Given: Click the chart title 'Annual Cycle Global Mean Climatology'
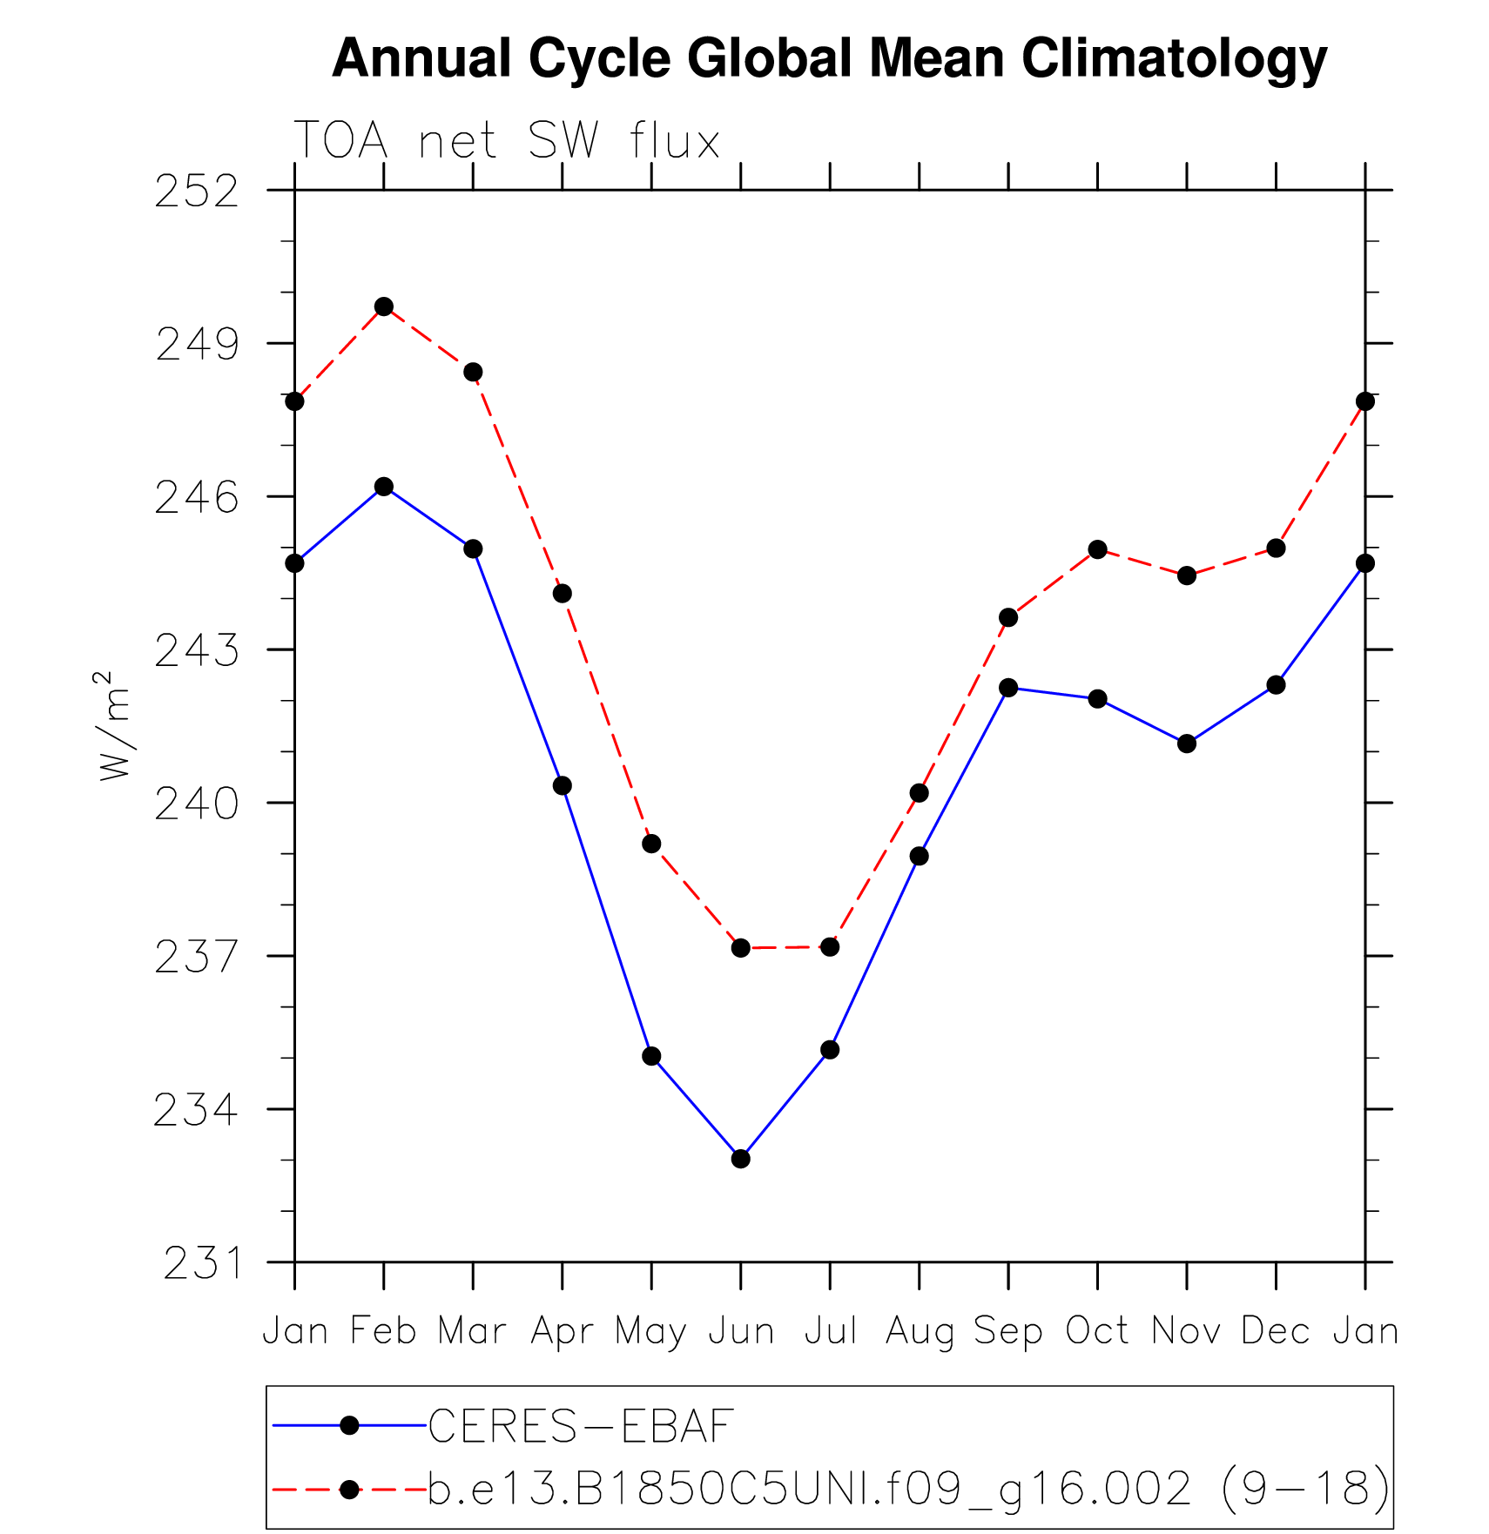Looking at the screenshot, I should pos(829,58).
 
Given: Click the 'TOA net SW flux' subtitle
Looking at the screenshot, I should pos(507,140).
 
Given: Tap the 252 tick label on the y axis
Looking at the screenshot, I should pos(197,192).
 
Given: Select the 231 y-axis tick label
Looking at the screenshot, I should pos(202,1263).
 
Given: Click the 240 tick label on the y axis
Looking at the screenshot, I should pos(197,804).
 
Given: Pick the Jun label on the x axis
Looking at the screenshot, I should pos(741,1331).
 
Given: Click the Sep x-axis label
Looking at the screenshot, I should pos(1007,1331).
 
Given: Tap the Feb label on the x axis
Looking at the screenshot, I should pos(383,1331).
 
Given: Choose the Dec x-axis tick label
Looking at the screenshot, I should pos(1276,1331).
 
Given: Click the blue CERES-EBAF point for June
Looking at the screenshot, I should pos(741,1159).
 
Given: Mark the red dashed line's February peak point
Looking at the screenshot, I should pos(384,306).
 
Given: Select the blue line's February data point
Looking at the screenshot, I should pos(384,486).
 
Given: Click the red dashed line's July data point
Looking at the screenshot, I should pos(830,946).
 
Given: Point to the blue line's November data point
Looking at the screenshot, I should pos(1187,743).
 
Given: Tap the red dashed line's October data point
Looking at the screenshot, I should pos(1097,549).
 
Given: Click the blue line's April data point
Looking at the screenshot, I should pos(563,785).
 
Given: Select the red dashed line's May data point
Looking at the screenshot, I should pos(651,844).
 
